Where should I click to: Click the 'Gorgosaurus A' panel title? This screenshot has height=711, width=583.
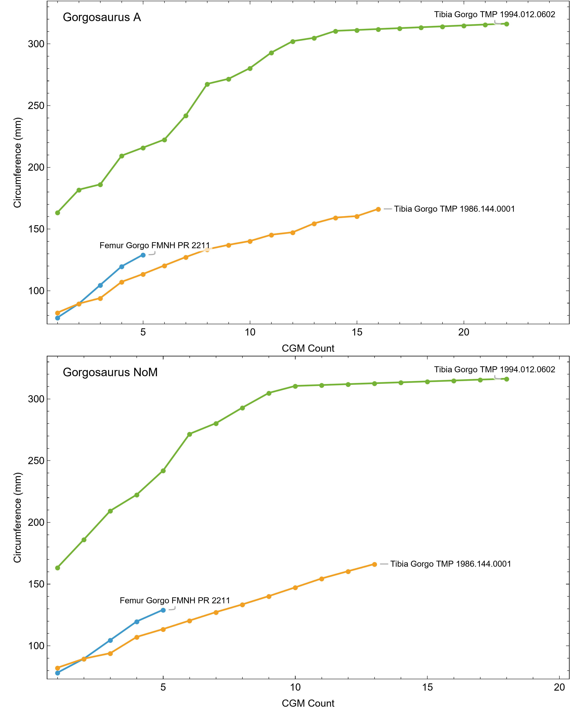(x=102, y=17)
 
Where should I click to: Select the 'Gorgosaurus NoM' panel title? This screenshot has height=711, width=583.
(x=110, y=372)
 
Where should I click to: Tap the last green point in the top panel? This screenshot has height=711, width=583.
(x=506, y=24)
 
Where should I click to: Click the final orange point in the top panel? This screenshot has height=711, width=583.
(x=378, y=209)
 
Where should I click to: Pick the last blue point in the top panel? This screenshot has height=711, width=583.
(x=143, y=255)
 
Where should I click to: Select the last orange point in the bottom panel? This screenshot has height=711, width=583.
(x=375, y=564)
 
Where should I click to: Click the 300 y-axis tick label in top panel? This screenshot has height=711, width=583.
(x=36, y=44)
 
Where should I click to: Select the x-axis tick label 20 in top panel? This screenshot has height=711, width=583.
(x=464, y=333)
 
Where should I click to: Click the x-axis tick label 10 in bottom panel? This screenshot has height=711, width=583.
(x=295, y=687)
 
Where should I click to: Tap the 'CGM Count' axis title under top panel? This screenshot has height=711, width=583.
(x=308, y=348)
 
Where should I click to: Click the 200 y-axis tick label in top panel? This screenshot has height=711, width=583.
(x=36, y=167)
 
